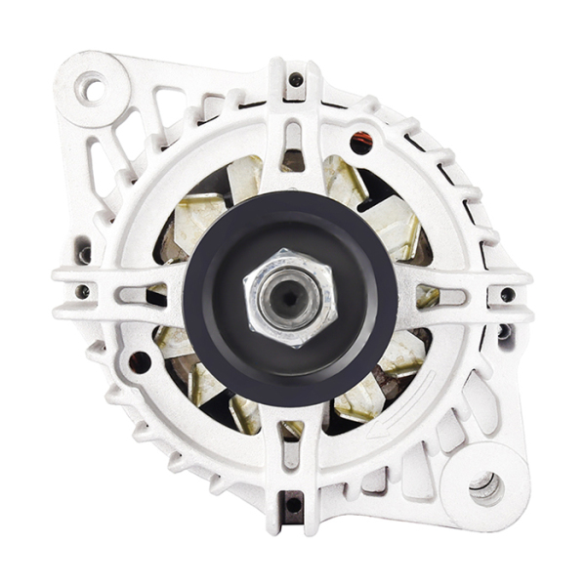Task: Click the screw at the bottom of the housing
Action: coord(292,504)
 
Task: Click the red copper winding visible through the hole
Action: coord(361,144)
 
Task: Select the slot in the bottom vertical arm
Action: coord(291,453)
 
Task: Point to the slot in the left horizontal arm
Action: coord(132,292)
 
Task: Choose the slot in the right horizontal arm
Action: coord(450,295)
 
